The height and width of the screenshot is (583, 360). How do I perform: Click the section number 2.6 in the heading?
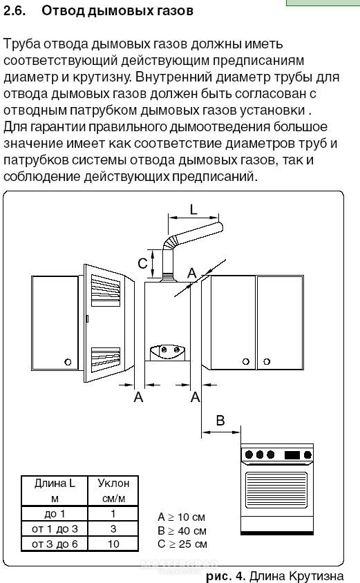[x=15, y=10]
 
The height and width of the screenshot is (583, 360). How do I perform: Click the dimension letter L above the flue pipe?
[x=193, y=210]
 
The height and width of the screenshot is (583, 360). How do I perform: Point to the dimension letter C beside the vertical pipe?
[x=142, y=263]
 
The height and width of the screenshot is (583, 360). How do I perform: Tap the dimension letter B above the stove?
[x=220, y=421]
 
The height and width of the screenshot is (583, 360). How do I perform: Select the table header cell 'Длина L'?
[x=55, y=484]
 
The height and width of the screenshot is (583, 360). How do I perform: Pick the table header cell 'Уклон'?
[x=113, y=484]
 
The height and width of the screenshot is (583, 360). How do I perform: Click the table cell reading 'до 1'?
[x=55, y=514]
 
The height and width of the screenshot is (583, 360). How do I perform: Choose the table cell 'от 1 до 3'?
[x=55, y=528]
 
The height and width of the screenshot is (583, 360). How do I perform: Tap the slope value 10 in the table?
[x=113, y=544]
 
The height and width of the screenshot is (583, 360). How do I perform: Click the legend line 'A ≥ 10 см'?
[x=181, y=517]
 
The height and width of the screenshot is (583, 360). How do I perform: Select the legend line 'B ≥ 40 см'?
[x=182, y=531]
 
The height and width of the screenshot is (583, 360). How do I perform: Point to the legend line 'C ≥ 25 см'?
[x=182, y=544]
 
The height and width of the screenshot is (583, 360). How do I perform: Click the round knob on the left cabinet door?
[x=68, y=362]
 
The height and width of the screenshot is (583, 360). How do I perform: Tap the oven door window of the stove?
[x=276, y=490]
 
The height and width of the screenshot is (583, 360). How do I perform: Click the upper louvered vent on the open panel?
[x=106, y=291]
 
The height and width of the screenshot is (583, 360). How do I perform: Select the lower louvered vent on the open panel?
[x=106, y=359]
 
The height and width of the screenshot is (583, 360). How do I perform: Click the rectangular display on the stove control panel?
[x=292, y=455]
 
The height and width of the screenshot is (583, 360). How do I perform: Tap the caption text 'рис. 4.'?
[x=226, y=576]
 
